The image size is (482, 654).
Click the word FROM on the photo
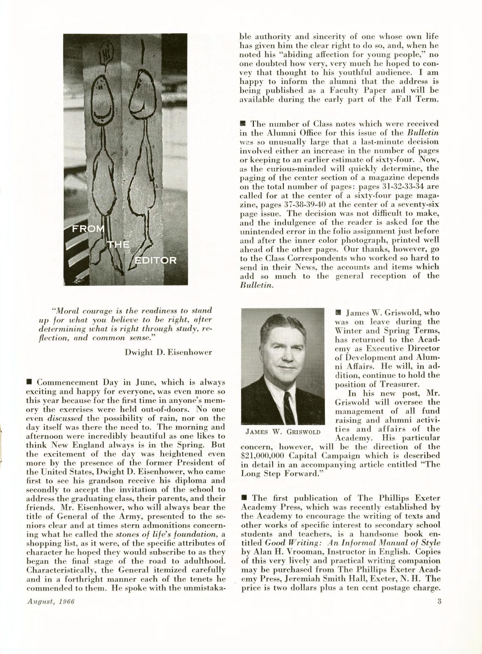coord(89,230)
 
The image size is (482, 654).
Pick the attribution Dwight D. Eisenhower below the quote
coord(168,352)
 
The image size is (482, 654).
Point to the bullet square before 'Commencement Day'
coord(29,382)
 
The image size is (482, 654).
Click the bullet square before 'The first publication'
coord(244,498)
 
